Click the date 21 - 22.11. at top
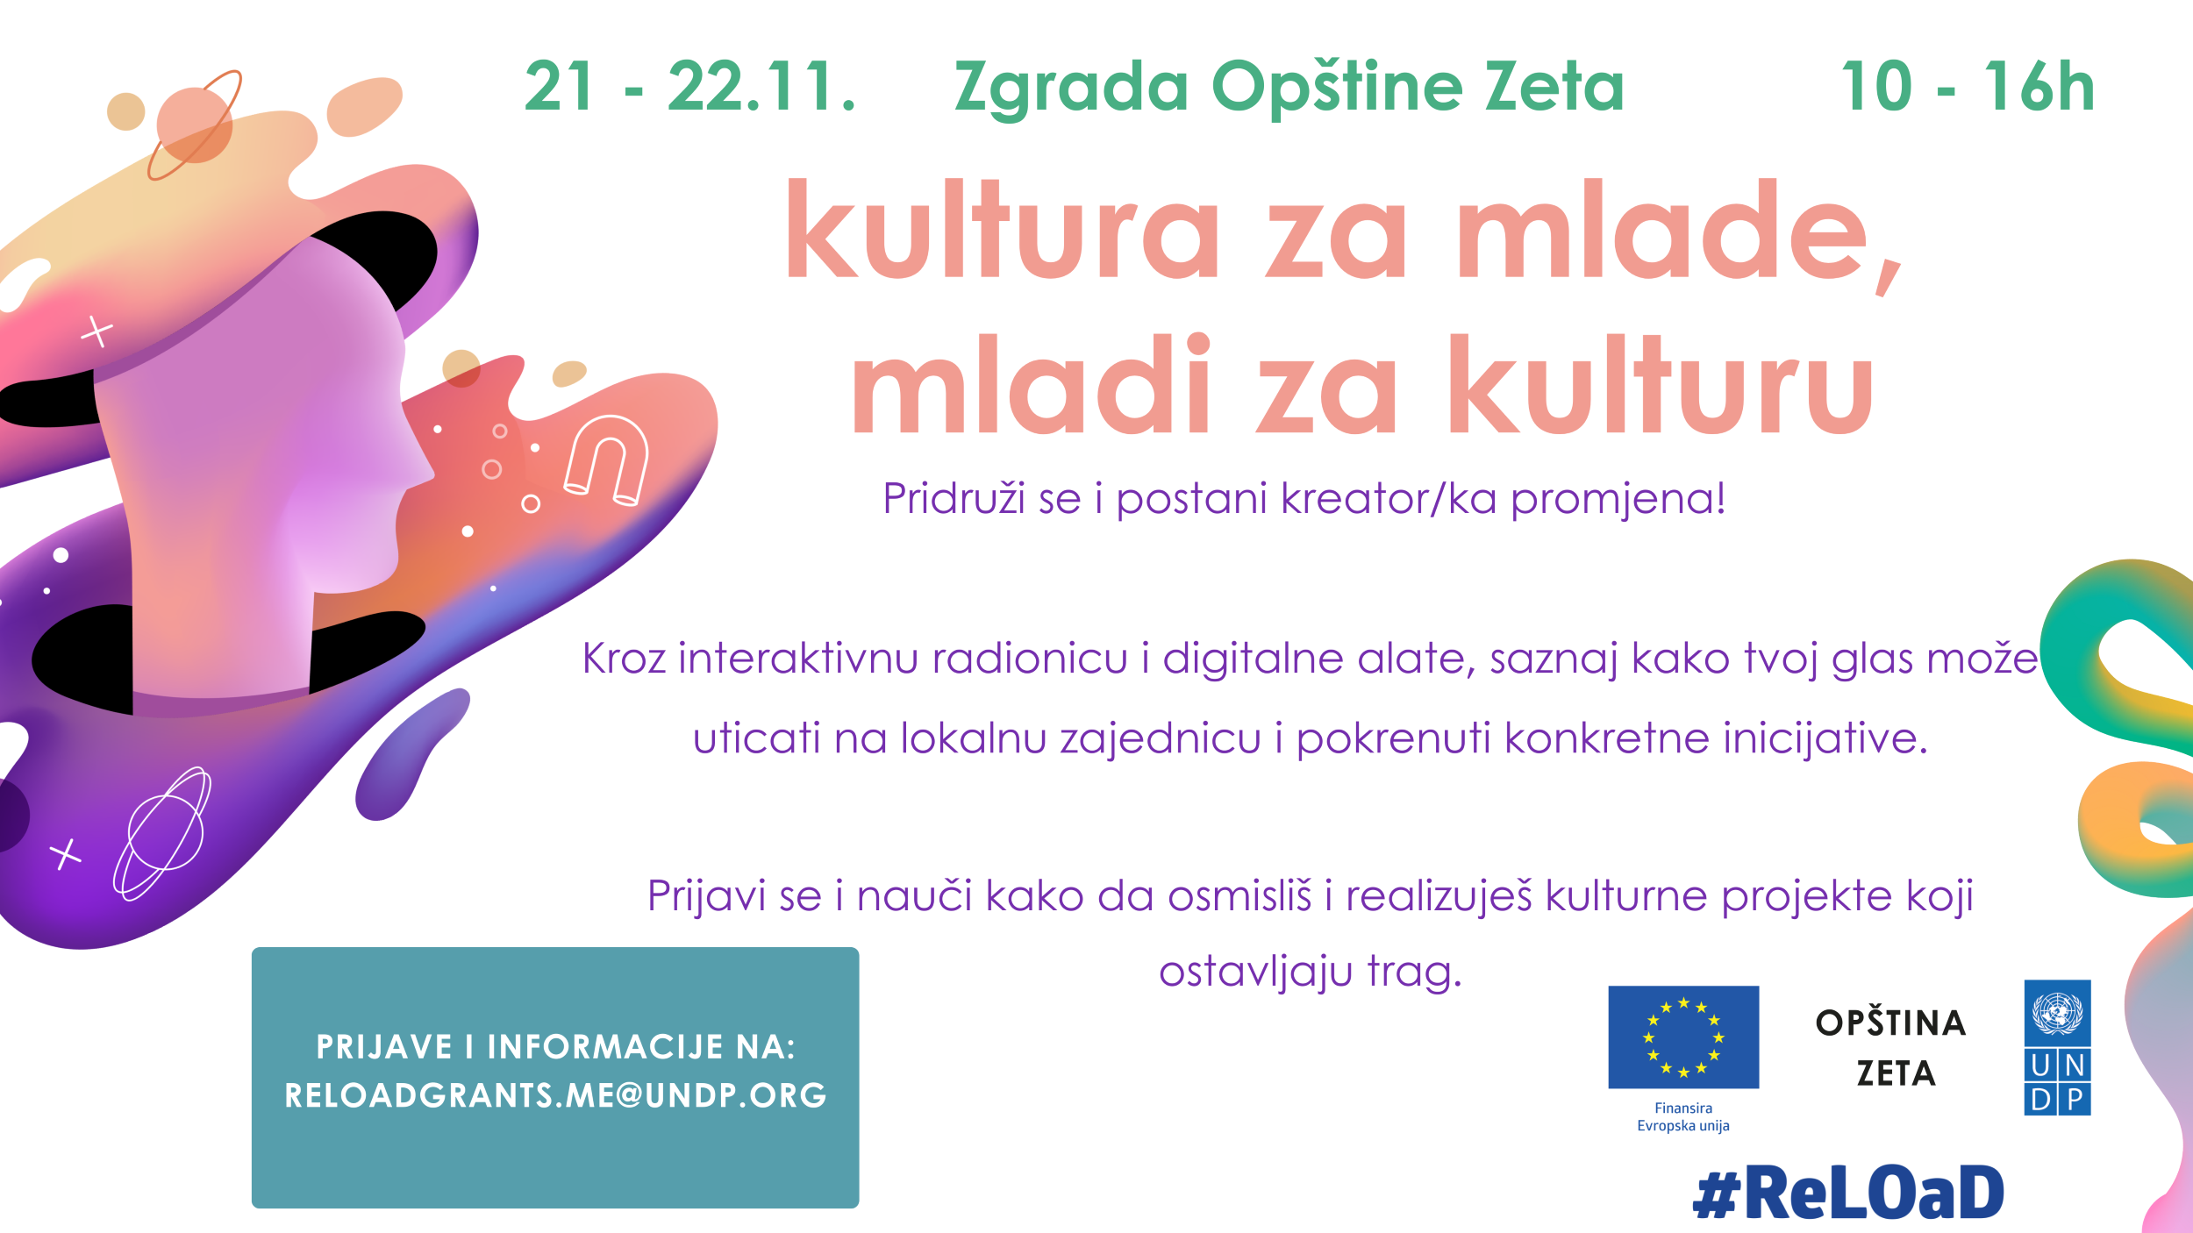point(689,87)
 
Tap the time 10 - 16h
point(1968,87)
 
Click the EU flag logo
point(1683,1037)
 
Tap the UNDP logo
point(2057,1047)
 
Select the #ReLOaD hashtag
point(1848,1193)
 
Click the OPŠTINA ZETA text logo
point(1891,1048)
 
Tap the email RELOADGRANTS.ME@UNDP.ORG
point(555,1095)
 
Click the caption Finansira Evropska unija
point(1683,1117)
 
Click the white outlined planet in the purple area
point(162,833)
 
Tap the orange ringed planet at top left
point(195,125)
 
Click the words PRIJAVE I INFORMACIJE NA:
point(555,1047)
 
